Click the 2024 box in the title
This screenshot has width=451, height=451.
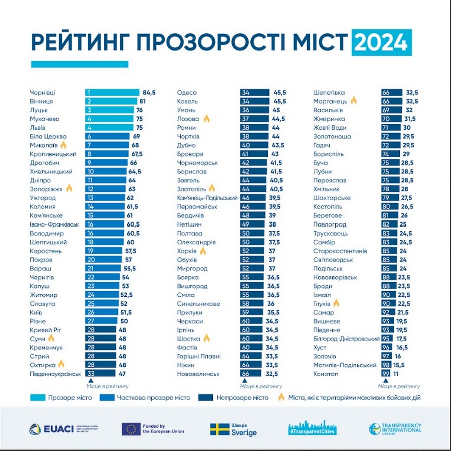click(x=382, y=43)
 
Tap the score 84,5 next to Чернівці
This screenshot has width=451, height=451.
click(x=149, y=92)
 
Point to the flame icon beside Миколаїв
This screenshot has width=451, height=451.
click(x=63, y=145)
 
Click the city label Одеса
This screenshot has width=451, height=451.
click(x=187, y=92)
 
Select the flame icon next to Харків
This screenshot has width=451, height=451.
click(x=203, y=250)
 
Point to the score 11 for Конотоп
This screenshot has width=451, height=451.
click(x=397, y=374)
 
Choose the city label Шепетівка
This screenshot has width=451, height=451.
click(x=329, y=92)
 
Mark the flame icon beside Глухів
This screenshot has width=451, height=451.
click(x=336, y=303)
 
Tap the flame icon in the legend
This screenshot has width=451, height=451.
click(x=281, y=397)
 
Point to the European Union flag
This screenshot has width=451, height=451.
click(x=131, y=429)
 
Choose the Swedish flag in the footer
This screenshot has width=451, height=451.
click(x=219, y=429)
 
